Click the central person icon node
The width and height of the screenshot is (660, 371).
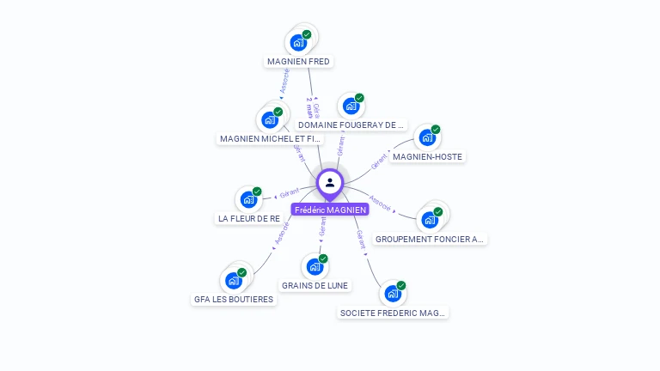330,182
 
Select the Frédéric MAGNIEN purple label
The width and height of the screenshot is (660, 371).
330,210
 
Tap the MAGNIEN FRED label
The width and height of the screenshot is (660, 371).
298,62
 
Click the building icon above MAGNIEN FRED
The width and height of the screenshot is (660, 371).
298,42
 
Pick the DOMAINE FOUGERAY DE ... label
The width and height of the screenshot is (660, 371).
351,125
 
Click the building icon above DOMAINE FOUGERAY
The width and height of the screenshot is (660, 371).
350,106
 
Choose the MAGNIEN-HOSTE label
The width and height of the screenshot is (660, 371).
427,157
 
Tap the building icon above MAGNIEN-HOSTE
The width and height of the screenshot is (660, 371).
426,137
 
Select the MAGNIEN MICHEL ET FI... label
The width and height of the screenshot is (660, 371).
271,138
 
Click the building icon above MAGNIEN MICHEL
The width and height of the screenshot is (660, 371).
270,119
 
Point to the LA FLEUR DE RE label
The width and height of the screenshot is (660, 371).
248,219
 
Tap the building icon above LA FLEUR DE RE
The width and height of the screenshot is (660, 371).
248,199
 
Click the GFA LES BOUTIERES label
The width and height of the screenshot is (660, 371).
234,300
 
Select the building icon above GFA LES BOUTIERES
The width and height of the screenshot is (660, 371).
233,280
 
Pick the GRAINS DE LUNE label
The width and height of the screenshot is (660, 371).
315,285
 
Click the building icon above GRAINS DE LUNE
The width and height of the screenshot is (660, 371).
315,266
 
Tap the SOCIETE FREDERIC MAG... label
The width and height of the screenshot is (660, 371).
394,313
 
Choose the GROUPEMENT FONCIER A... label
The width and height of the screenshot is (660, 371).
431,239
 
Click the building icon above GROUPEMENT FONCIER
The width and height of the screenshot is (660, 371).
430,219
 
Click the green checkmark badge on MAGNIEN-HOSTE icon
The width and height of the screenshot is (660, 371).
436,130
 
